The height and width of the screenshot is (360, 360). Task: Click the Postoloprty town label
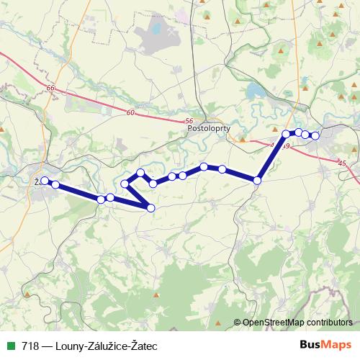coord(207,130)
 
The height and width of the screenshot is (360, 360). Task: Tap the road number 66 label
coord(49,88)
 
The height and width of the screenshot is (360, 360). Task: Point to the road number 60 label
coord(130,113)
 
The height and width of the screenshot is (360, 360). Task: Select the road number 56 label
coord(189,121)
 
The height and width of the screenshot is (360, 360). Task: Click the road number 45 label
coord(341,165)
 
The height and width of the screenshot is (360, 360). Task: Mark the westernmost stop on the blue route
coord(45,181)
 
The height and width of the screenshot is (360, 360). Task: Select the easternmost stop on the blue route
coord(315,136)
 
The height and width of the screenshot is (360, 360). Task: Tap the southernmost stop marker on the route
coord(150,208)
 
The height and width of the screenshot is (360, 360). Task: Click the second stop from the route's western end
coord(55,185)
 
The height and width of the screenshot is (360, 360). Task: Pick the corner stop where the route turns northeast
coord(257,180)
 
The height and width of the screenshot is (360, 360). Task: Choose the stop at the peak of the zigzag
coord(141,173)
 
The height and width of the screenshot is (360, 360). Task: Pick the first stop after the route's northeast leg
coord(287,134)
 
